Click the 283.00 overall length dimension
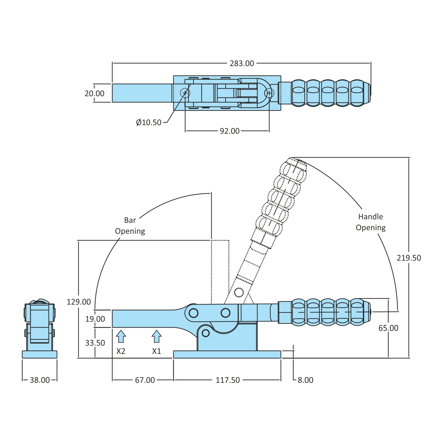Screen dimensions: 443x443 point(242,63)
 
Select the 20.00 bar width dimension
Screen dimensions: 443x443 point(94,94)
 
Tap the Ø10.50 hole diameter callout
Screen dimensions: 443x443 point(149,122)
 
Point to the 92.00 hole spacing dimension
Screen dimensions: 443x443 point(230,131)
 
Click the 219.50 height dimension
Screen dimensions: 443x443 point(409,258)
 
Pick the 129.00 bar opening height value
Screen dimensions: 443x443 point(79,302)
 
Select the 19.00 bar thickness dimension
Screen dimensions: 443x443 point(95,319)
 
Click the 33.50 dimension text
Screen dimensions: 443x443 point(95,343)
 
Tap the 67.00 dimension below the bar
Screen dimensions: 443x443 point(145,380)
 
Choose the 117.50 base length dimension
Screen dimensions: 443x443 point(228,380)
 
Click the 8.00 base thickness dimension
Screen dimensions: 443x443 point(305,380)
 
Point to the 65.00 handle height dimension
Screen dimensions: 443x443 point(388,328)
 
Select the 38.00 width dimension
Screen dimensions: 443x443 point(40,380)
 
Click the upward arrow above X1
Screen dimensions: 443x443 point(156,336)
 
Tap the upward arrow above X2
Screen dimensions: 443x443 point(121,336)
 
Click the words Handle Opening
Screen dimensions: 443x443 point(371,222)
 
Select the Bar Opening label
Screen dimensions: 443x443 point(130,226)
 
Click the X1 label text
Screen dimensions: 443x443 point(156,351)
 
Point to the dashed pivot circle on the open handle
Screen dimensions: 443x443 point(239,292)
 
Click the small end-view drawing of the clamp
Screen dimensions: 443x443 point(40,329)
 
